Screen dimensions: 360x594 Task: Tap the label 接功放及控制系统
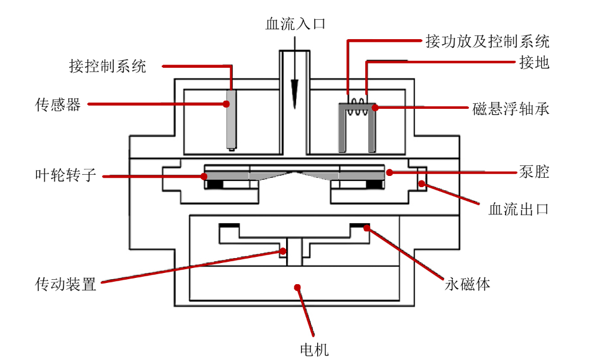[x=487, y=42]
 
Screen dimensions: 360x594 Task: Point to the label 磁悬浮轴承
[x=511, y=109]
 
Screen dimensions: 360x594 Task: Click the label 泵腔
[x=534, y=172]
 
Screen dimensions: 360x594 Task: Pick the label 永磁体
[x=468, y=285]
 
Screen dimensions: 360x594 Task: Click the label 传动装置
[x=66, y=285]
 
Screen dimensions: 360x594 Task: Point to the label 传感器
[x=58, y=104]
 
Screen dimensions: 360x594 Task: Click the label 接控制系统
[x=108, y=66]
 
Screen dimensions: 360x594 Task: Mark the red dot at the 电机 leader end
[x=298, y=287]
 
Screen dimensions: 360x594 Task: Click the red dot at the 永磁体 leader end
[x=367, y=228]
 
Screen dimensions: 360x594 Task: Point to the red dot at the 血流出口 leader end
[x=421, y=183]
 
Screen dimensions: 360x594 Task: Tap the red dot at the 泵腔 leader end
[x=389, y=172]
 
